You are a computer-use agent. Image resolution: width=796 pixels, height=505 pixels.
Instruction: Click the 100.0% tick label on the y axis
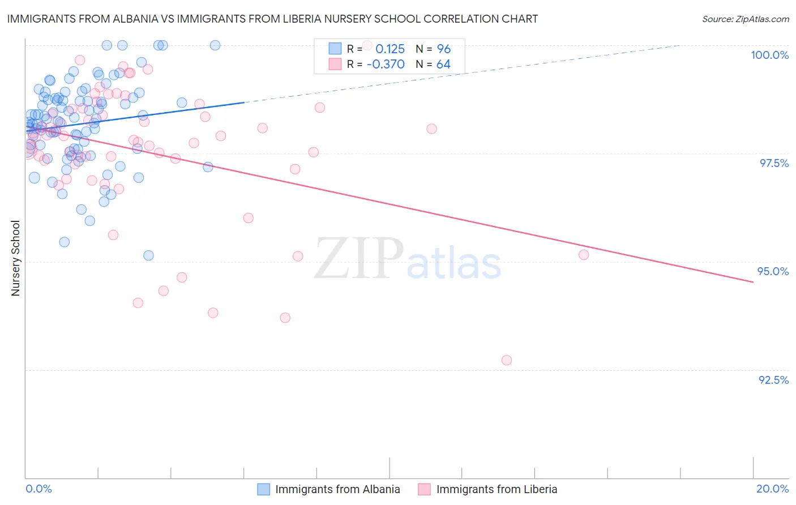[769, 55]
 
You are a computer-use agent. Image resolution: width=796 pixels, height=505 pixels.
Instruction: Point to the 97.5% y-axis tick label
[773, 163]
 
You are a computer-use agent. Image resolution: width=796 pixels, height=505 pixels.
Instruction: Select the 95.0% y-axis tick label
[773, 271]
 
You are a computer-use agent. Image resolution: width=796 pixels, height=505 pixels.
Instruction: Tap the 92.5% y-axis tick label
[773, 380]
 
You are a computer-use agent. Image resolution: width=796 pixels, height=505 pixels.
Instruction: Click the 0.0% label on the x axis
[38, 489]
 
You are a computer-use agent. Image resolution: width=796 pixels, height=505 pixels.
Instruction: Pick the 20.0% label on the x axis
[772, 489]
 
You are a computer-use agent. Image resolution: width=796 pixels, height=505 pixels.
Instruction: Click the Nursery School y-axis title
[15, 258]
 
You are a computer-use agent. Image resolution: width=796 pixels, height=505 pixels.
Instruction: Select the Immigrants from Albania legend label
[337, 489]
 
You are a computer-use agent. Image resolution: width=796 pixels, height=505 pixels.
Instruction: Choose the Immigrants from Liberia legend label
[497, 489]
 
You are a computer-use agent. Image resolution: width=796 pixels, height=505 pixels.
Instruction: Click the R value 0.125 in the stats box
[390, 49]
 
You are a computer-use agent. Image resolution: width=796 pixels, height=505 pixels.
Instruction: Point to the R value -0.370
[386, 64]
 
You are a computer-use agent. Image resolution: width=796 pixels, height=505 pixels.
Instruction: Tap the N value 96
[443, 49]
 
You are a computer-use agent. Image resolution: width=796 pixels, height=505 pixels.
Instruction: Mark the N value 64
[443, 64]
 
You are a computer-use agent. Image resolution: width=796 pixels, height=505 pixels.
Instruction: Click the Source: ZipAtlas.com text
[745, 19]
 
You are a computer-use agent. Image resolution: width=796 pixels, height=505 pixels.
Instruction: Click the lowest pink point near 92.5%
[507, 360]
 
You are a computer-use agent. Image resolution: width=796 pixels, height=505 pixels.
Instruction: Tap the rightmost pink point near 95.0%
[584, 255]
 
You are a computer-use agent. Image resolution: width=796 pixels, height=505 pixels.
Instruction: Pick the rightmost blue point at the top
[215, 45]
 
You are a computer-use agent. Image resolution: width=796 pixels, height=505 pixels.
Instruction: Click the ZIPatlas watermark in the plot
[408, 259]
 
